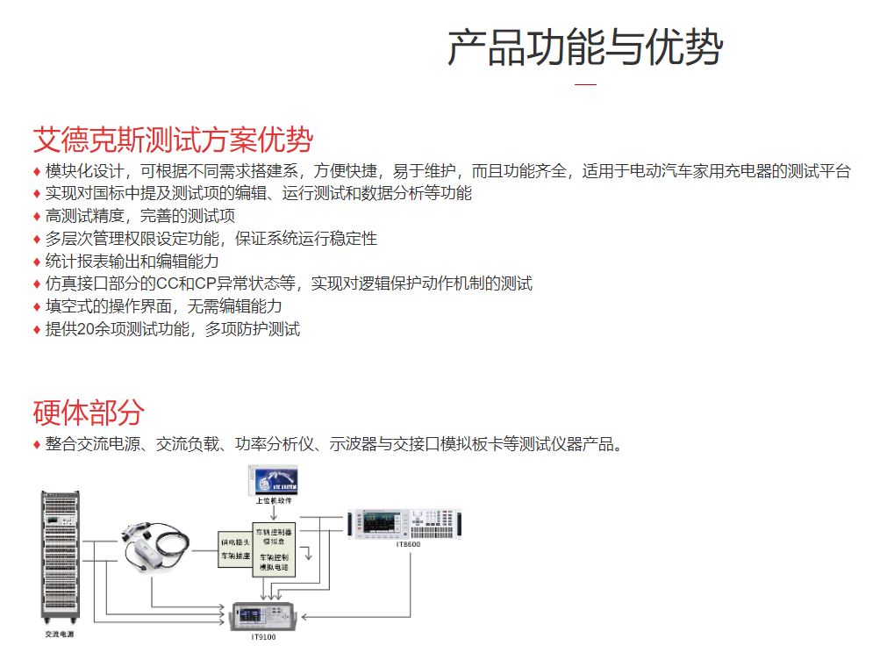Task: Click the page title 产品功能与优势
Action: pos(584,47)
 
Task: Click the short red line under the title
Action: pos(585,84)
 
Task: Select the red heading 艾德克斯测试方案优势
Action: pos(173,140)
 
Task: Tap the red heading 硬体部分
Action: pos(89,412)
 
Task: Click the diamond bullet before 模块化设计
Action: pos(37,171)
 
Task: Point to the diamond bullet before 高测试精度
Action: pos(37,216)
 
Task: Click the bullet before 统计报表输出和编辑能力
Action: pos(37,262)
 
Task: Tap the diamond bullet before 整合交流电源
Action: pos(37,444)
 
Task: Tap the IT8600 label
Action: pos(408,546)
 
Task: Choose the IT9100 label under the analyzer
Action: pos(263,637)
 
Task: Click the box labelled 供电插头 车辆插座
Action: pos(235,550)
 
